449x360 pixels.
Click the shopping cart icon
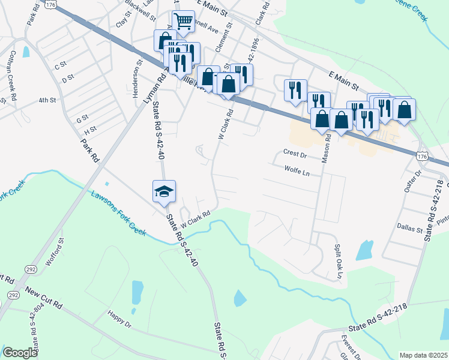(184, 22)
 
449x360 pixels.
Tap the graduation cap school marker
(164, 191)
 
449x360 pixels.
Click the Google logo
(20, 353)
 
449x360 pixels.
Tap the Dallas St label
(411, 227)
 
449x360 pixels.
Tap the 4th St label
(47, 100)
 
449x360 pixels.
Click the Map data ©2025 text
(423, 355)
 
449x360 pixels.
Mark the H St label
(91, 129)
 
